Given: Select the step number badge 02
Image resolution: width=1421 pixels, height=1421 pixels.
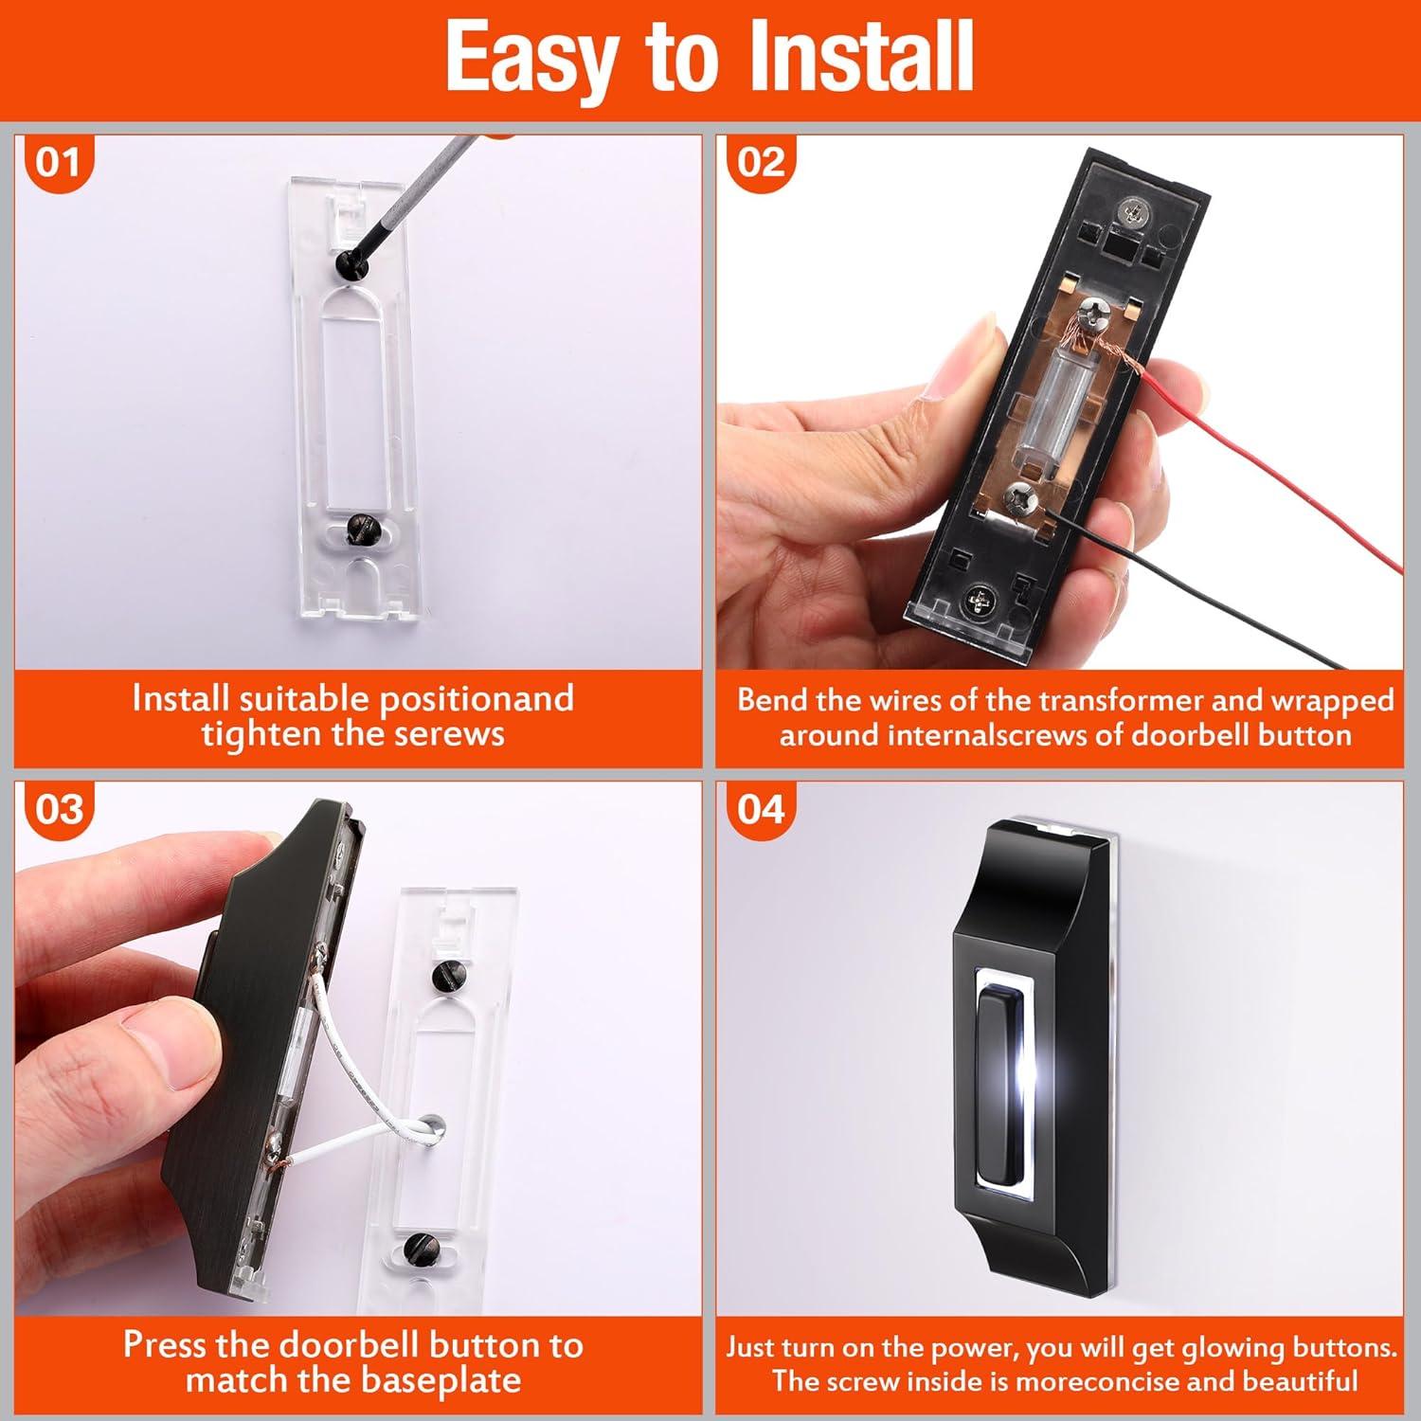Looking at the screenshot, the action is tap(761, 163).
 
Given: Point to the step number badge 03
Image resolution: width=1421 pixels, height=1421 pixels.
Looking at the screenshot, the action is tap(59, 811).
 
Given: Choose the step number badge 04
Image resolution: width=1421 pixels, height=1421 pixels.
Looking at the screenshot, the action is tap(761, 811).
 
